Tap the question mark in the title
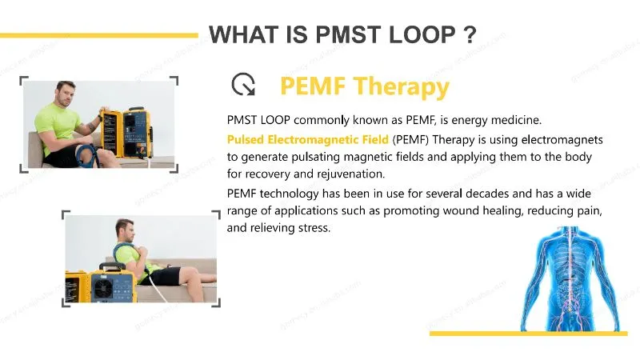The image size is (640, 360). click(x=470, y=35)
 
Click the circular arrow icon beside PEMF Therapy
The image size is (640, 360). click(x=242, y=85)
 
